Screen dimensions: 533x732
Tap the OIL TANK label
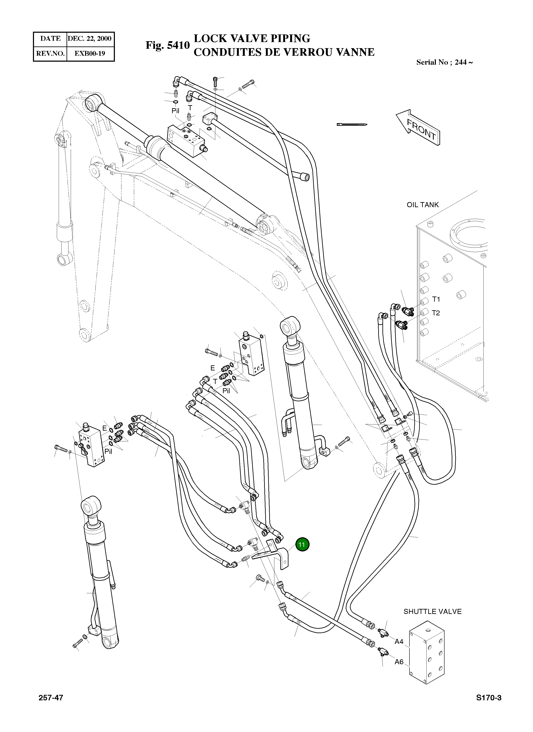click(x=423, y=205)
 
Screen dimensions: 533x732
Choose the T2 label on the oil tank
click(x=436, y=313)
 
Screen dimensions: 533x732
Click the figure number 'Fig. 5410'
click(x=167, y=45)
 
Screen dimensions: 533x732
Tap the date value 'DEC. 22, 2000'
click(x=90, y=38)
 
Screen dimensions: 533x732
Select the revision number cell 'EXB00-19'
click(x=90, y=53)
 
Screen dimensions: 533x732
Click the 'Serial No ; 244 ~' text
click(x=445, y=62)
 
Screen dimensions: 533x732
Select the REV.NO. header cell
click(x=50, y=53)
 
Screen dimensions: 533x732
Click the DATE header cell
click(x=50, y=38)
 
